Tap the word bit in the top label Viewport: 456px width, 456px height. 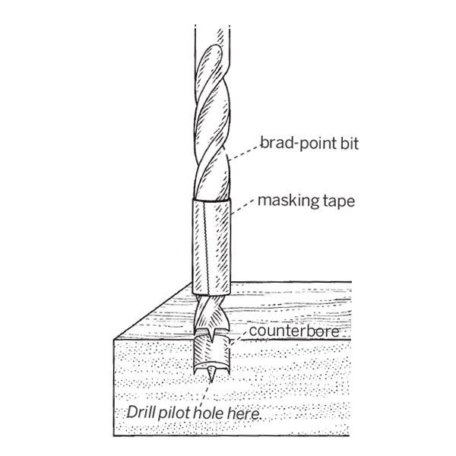(350, 143)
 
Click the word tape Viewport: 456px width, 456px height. (339, 201)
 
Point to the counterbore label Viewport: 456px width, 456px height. (294, 331)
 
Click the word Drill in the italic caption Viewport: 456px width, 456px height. (140, 412)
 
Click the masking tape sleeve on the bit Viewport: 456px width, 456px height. (211, 246)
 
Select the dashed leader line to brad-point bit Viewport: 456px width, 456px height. (244, 153)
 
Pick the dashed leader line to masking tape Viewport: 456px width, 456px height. (243, 207)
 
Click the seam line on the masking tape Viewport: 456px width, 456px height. (207, 247)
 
